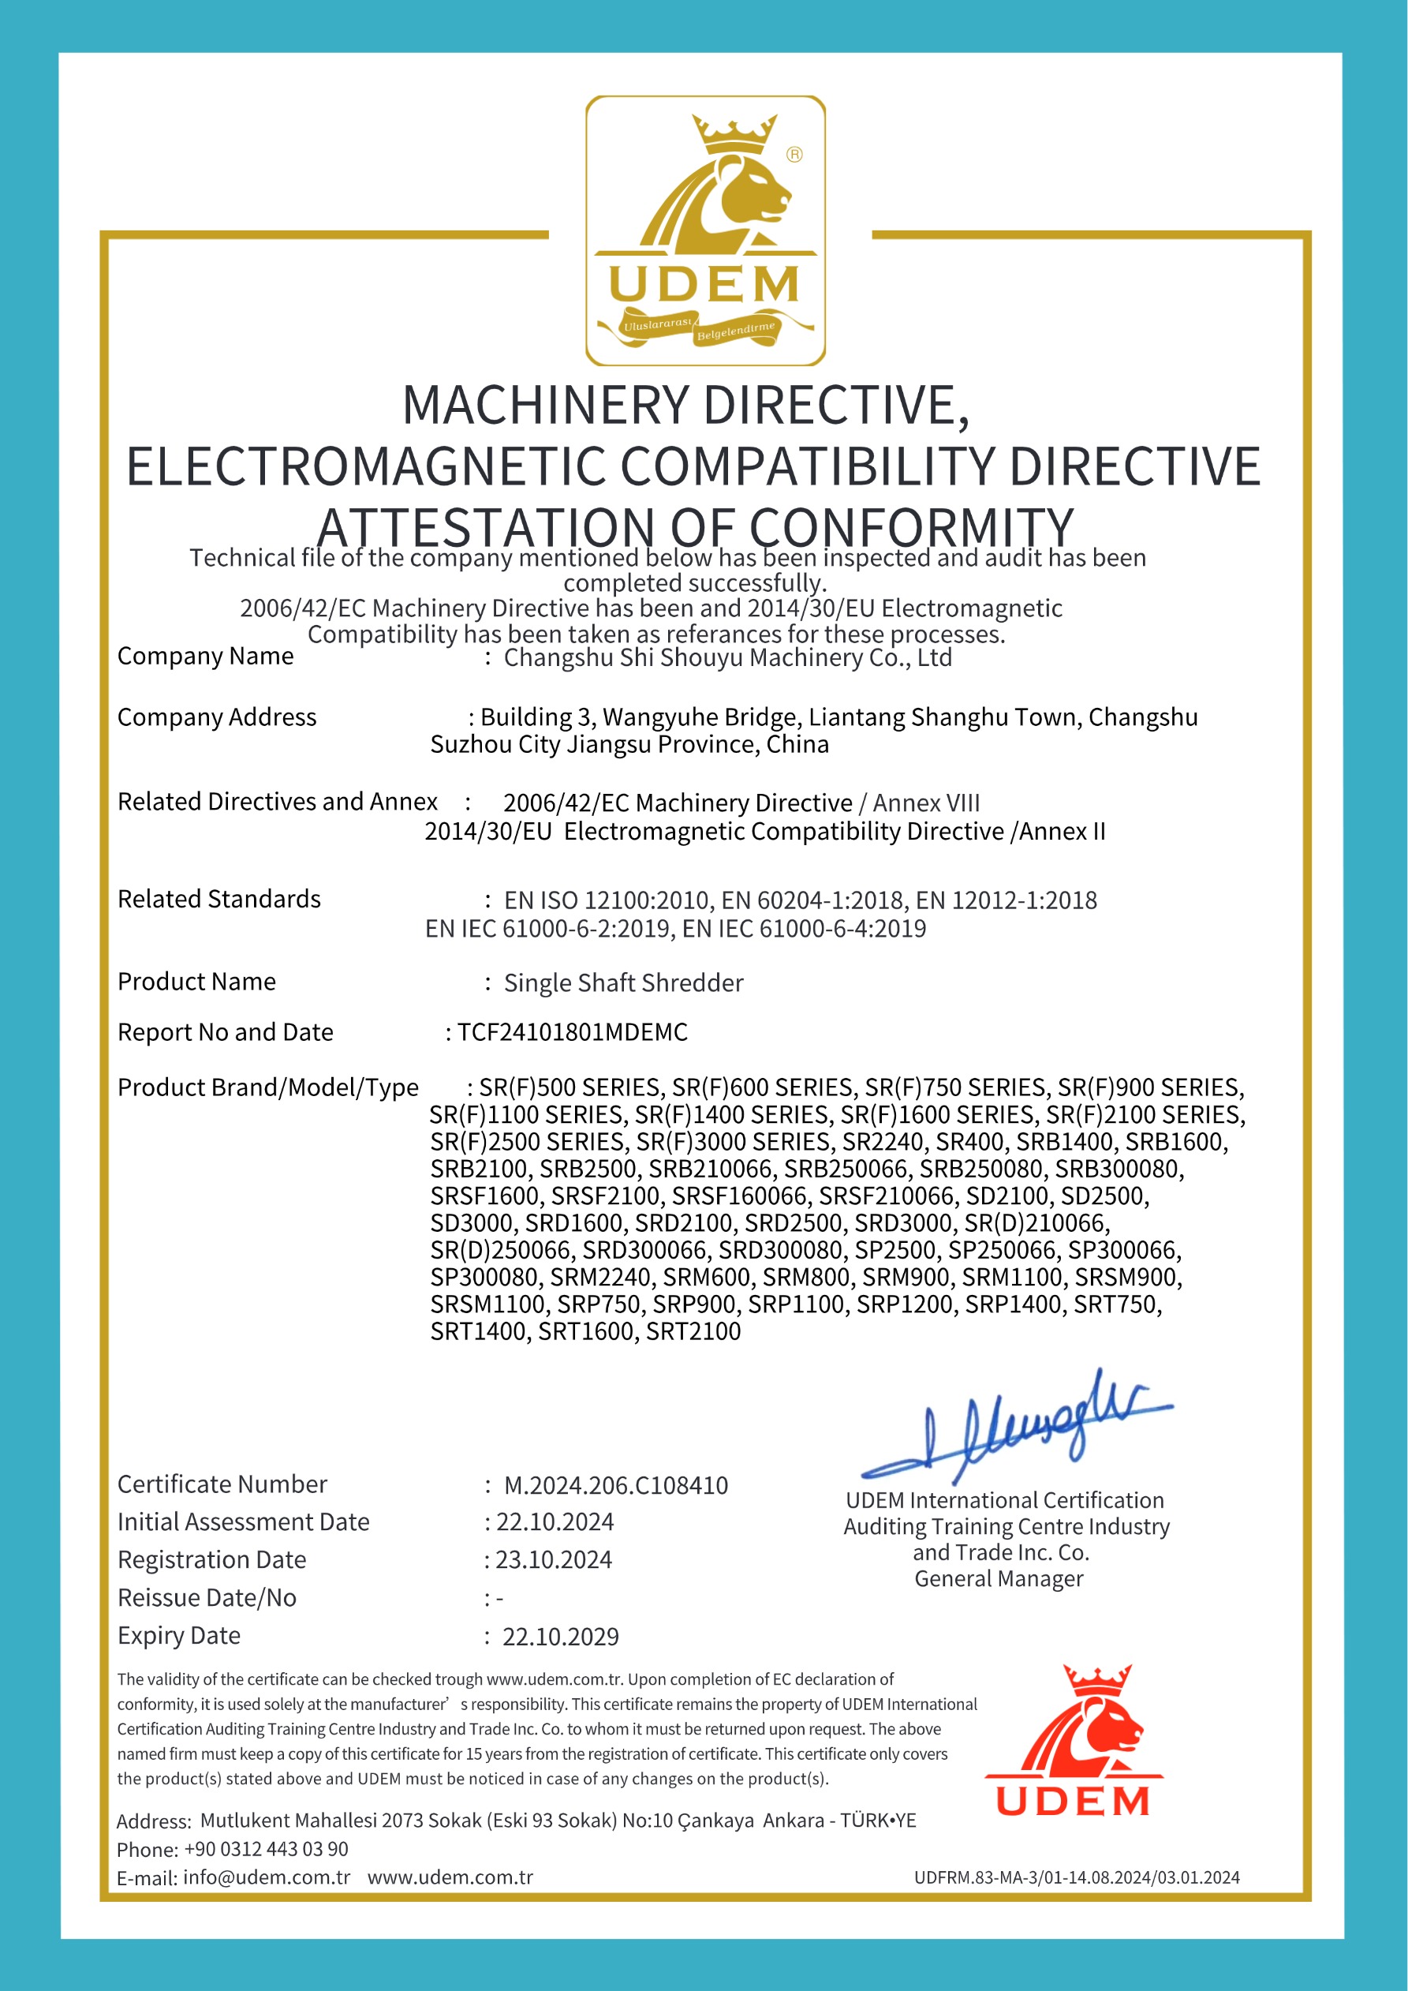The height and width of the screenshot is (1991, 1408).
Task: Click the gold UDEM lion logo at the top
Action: click(x=705, y=230)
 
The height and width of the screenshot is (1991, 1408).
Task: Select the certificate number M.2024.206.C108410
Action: click(x=615, y=1485)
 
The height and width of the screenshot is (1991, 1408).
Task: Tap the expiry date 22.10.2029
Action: click(x=560, y=1637)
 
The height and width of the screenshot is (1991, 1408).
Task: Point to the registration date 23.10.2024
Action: click(x=553, y=1560)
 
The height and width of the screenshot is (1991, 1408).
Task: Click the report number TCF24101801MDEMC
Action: click(x=572, y=1032)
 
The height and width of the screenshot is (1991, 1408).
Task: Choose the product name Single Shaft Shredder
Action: click(x=623, y=982)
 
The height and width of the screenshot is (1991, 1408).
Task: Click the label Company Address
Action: click(x=217, y=717)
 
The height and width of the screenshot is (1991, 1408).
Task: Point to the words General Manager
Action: click(x=999, y=1578)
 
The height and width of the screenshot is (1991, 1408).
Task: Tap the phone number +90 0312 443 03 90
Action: click(x=266, y=1849)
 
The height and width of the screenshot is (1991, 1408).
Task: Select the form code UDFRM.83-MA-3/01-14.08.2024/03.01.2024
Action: click(x=1077, y=1877)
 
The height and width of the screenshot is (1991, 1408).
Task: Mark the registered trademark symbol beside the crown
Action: click(x=794, y=155)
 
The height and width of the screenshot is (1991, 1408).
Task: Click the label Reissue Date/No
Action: click(x=207, y=1597)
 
